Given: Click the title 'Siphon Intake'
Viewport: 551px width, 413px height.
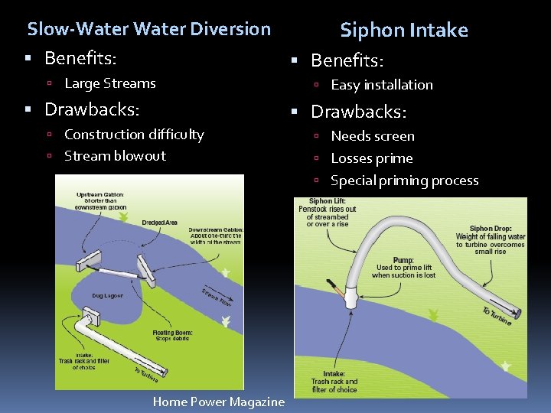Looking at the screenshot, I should pyautogui.click(x=403, y=31).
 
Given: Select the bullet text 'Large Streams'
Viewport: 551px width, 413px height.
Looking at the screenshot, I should pyautogui.click(x=109, y=84).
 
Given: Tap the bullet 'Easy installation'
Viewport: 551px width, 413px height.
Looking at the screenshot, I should pyautogui.click(x=381, y=85).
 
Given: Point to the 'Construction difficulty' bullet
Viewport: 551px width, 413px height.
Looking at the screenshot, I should pyautogui.click(x=134, y=135).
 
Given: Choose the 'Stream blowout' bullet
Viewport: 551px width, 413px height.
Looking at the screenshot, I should pyautogui.click(x=115, y=156).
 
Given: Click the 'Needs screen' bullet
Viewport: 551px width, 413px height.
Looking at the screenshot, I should pyautogui.click(x=372, y=137).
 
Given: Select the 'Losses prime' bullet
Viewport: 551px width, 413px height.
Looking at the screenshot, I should pyautogui.click(x=371, y=159).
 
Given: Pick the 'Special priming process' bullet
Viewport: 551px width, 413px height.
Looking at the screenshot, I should pyautogui.click(x=404, y=181).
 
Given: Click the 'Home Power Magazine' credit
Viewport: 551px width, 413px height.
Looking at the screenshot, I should pyautogui.click(x=218, y=402).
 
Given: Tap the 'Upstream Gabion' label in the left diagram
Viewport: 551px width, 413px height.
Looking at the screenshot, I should pyautogui.click(x=99, y=195).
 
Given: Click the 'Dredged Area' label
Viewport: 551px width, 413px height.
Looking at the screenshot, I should pyautogui.click(x=159, y=223).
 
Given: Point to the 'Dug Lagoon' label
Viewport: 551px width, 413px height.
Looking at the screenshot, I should pyautogui.click(x=108, y=294).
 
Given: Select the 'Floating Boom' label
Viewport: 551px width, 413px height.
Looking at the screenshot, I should pyautogui.click(x=173, y=333).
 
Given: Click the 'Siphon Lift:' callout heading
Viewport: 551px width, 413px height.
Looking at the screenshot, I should pyautogui.click(x=327, y=202).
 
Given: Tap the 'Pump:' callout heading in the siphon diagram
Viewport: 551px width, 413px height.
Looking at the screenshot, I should pyautogui.click(x=403, y=260).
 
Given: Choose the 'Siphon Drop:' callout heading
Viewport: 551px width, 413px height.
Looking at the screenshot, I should pyautogui.click(x=491, y=229).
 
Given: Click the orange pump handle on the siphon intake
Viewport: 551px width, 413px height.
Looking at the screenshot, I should pyautogui.click(x=337, y=288).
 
